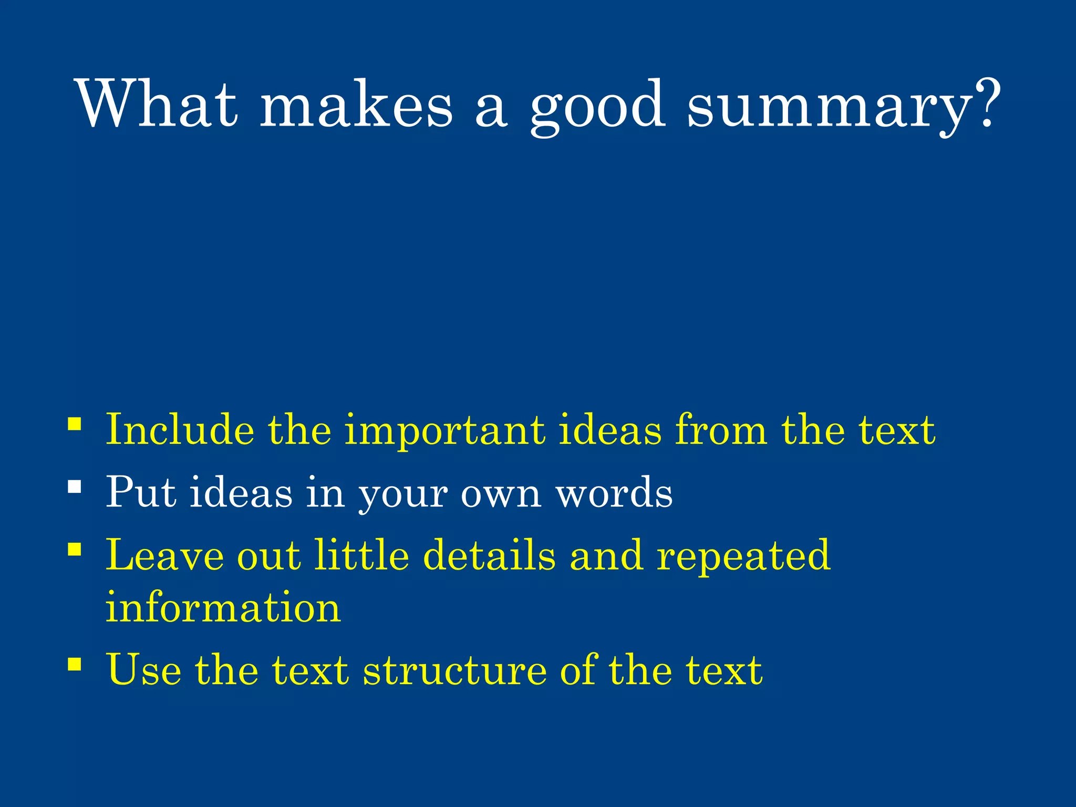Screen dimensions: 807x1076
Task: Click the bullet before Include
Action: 75,423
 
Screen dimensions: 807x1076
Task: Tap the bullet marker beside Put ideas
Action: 75,487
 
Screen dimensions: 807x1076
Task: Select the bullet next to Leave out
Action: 75,550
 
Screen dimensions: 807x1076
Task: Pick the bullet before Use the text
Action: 75,664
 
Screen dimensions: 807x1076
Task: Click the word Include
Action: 180,430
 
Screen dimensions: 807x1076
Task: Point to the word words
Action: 614,493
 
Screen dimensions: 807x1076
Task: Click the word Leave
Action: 164,555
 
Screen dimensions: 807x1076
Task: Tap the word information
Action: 223,607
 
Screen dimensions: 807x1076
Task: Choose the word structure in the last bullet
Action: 454,670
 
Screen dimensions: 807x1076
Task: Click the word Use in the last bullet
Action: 143,669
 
